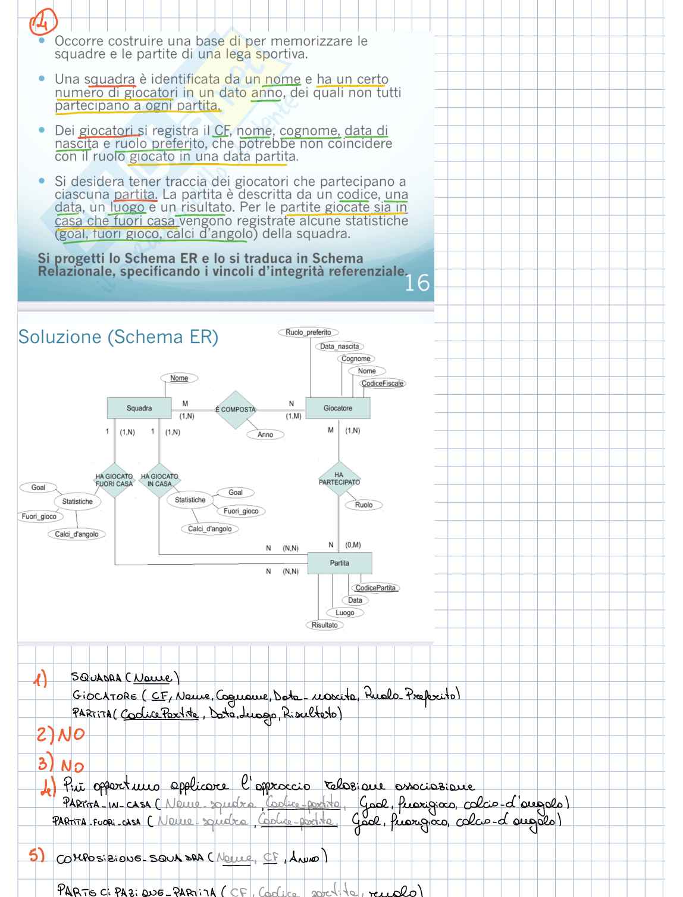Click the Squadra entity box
point(139,408)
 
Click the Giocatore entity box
point(337,408)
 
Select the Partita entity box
point(339,563)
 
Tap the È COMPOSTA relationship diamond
point(235,410)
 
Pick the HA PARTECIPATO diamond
point(339,479)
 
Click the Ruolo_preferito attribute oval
point(308,332)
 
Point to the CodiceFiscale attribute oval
point(383,383)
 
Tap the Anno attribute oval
point(265,435)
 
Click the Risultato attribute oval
point(324,625)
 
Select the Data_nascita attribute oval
point(339,346)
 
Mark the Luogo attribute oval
point(344,612)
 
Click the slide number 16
point(416,283)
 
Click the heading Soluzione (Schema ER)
point(118,337)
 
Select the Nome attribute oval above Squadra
point(179,378)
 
